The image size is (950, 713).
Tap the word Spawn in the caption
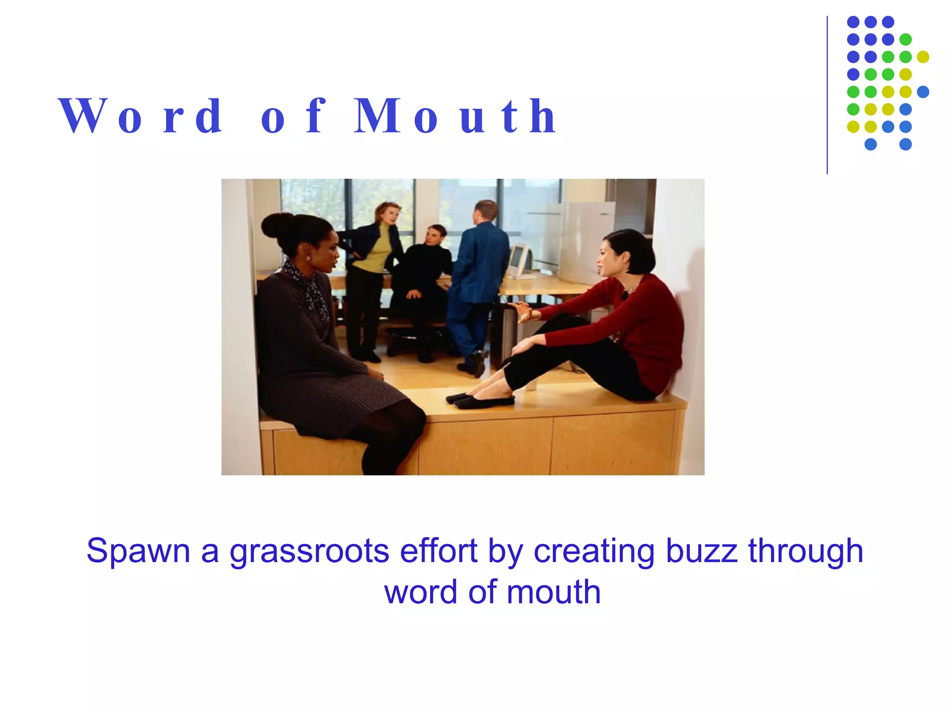(x=138, y=551)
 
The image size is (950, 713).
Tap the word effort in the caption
(x=438, y=551)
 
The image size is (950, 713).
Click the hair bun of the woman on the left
(x=277, y=225)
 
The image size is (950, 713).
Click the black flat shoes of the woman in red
(x=480, y=400)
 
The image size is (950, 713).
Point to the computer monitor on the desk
(x=519, y=260)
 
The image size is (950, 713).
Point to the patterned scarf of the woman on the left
(x=308, y=288)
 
